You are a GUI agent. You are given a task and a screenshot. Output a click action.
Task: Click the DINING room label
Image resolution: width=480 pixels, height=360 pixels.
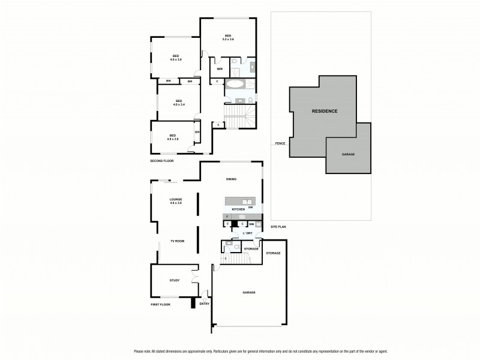coord(231,179)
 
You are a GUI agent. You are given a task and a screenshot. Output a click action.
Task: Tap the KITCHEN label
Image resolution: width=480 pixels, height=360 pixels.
coord(239,209)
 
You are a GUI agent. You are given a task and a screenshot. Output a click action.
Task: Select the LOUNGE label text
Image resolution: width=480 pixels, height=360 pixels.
coord(176,199)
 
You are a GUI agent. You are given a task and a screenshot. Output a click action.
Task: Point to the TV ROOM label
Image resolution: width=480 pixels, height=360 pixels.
coord(176,241)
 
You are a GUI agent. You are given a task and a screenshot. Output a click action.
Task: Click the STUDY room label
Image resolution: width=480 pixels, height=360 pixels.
coord(175,280)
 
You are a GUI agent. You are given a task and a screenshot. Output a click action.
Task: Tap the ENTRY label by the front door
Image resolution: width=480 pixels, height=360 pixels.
coord(205,304)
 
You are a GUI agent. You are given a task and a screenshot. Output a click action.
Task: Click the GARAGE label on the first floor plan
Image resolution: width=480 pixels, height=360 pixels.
coord(249,292)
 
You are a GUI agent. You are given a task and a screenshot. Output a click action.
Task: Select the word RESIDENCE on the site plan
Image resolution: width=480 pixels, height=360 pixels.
coord(324,111)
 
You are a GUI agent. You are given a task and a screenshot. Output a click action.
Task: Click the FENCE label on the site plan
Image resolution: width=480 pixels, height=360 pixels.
coord(280,144)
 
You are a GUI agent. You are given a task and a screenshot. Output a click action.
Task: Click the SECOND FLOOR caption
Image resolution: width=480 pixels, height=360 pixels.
coord(161,162)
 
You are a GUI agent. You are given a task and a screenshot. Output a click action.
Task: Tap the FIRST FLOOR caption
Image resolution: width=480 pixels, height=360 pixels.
coord(160,305)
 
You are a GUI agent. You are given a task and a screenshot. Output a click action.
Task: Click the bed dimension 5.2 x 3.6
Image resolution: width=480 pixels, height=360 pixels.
coord(228,39)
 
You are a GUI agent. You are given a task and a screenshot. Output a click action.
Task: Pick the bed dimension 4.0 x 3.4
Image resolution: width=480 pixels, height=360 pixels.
coord(178,104)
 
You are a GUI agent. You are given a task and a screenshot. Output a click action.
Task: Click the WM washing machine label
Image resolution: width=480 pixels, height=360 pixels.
coord(251,224)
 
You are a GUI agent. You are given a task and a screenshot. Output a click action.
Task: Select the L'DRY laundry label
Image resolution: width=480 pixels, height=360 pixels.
coord(247,233)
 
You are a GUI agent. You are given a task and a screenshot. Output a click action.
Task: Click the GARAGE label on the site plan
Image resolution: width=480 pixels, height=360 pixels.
coord(348,154)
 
